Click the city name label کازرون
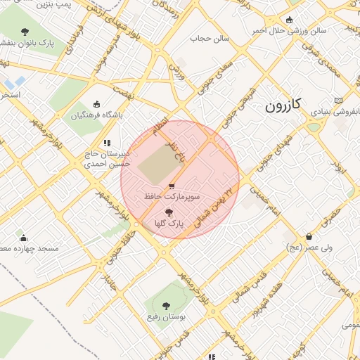283,106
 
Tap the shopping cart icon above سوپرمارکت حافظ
172,186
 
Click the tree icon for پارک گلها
168,212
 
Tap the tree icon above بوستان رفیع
166,306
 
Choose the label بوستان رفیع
167,318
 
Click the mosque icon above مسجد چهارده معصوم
23,238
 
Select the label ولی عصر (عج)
304,248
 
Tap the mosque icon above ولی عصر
308,237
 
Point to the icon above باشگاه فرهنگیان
96,103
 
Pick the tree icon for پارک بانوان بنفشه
25,32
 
